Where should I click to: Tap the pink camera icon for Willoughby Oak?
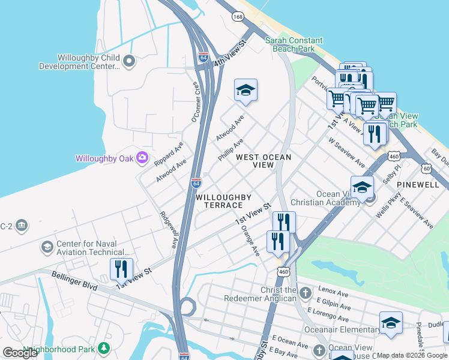pyautogui.click(x=142, y=158)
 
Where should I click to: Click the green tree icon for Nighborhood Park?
pyautogui.click(x=104, y=348)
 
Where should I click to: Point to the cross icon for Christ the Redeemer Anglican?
pyautogui.click(x=306, y=293)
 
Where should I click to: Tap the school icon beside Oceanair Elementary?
pyautogui.click(x=391, y=323)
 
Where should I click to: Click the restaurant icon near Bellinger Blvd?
pyautogui.click(x=121, y=270)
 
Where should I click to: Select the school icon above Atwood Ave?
pyautogui.click(x=246, y=91)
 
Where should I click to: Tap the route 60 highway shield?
pyautogui.click(x=427, y=169)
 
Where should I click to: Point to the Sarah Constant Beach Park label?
pyautogui.click(x=291, y=44)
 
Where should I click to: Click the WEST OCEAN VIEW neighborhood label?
pyautogui.click(x=264, y=161)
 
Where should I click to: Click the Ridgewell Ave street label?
pyautogui.click(x=168, y=229)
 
